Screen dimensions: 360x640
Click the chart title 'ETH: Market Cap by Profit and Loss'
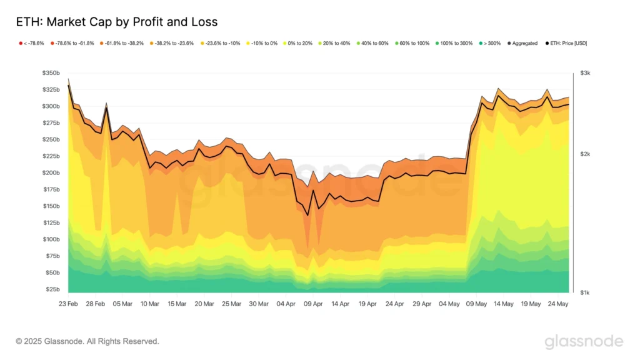pyautogui.click(x=117, y=22)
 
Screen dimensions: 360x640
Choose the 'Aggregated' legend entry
pyautogui.click(x=522, y=43)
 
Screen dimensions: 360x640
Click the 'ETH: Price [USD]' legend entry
pyautogui.click(x=566, y=43)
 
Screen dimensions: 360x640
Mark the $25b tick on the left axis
pyautogui.click(x=52, y=289)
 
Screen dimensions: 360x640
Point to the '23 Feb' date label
pyautogui.click(x=68, y=304)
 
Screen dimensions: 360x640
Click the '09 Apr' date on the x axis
pyautogui.click(x=312, y=304)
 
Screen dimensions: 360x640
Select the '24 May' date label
pyautogui.click(x=557, y=304)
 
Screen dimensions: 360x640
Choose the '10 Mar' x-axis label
pyautogui.click(x=149, y=304)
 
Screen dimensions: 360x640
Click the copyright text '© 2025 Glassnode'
pyautogui.click(x=87, y=341)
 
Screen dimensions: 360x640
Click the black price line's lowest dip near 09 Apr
pyautogui.click(x=307, y=216)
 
